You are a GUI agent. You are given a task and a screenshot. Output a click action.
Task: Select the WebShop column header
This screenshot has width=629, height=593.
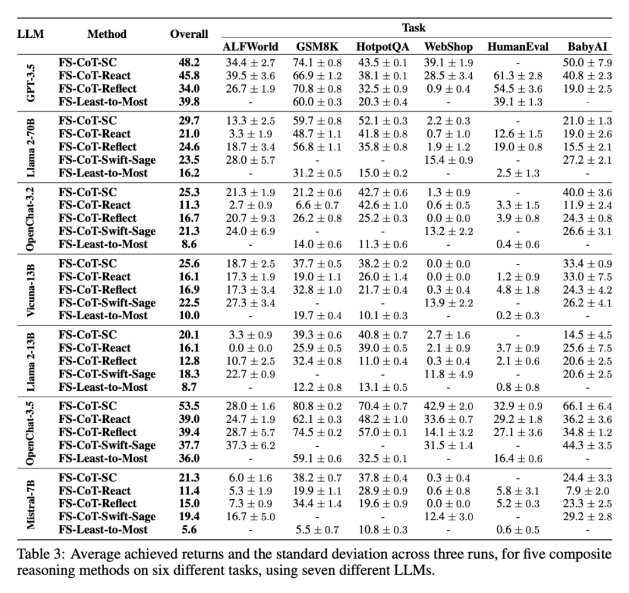coord(448,47)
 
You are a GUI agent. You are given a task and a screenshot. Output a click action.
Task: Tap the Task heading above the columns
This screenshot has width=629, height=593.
coord(414,27)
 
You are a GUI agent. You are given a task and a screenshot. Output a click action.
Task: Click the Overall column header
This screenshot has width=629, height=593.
coord(189,34)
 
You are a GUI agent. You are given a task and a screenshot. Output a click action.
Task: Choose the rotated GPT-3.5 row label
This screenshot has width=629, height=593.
coord(30,82)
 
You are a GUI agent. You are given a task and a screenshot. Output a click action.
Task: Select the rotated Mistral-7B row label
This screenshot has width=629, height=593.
coord(30,504)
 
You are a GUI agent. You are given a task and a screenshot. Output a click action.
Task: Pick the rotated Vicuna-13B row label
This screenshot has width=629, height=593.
coord(30,290)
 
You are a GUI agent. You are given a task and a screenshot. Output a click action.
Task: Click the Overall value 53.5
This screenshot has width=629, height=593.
coord(189,407)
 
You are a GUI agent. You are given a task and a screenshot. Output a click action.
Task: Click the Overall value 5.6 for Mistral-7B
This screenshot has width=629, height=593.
coord(190,530)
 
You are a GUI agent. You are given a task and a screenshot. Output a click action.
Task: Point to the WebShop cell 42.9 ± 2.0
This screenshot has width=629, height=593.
coord(448,407)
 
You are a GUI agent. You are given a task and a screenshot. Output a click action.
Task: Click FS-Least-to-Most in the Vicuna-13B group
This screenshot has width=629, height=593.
coord(103,316)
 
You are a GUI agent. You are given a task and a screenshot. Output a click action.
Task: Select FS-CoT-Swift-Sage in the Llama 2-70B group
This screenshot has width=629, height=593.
coord(107,160)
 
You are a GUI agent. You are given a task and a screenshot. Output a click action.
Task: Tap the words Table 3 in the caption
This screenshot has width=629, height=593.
coord(36,554)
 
